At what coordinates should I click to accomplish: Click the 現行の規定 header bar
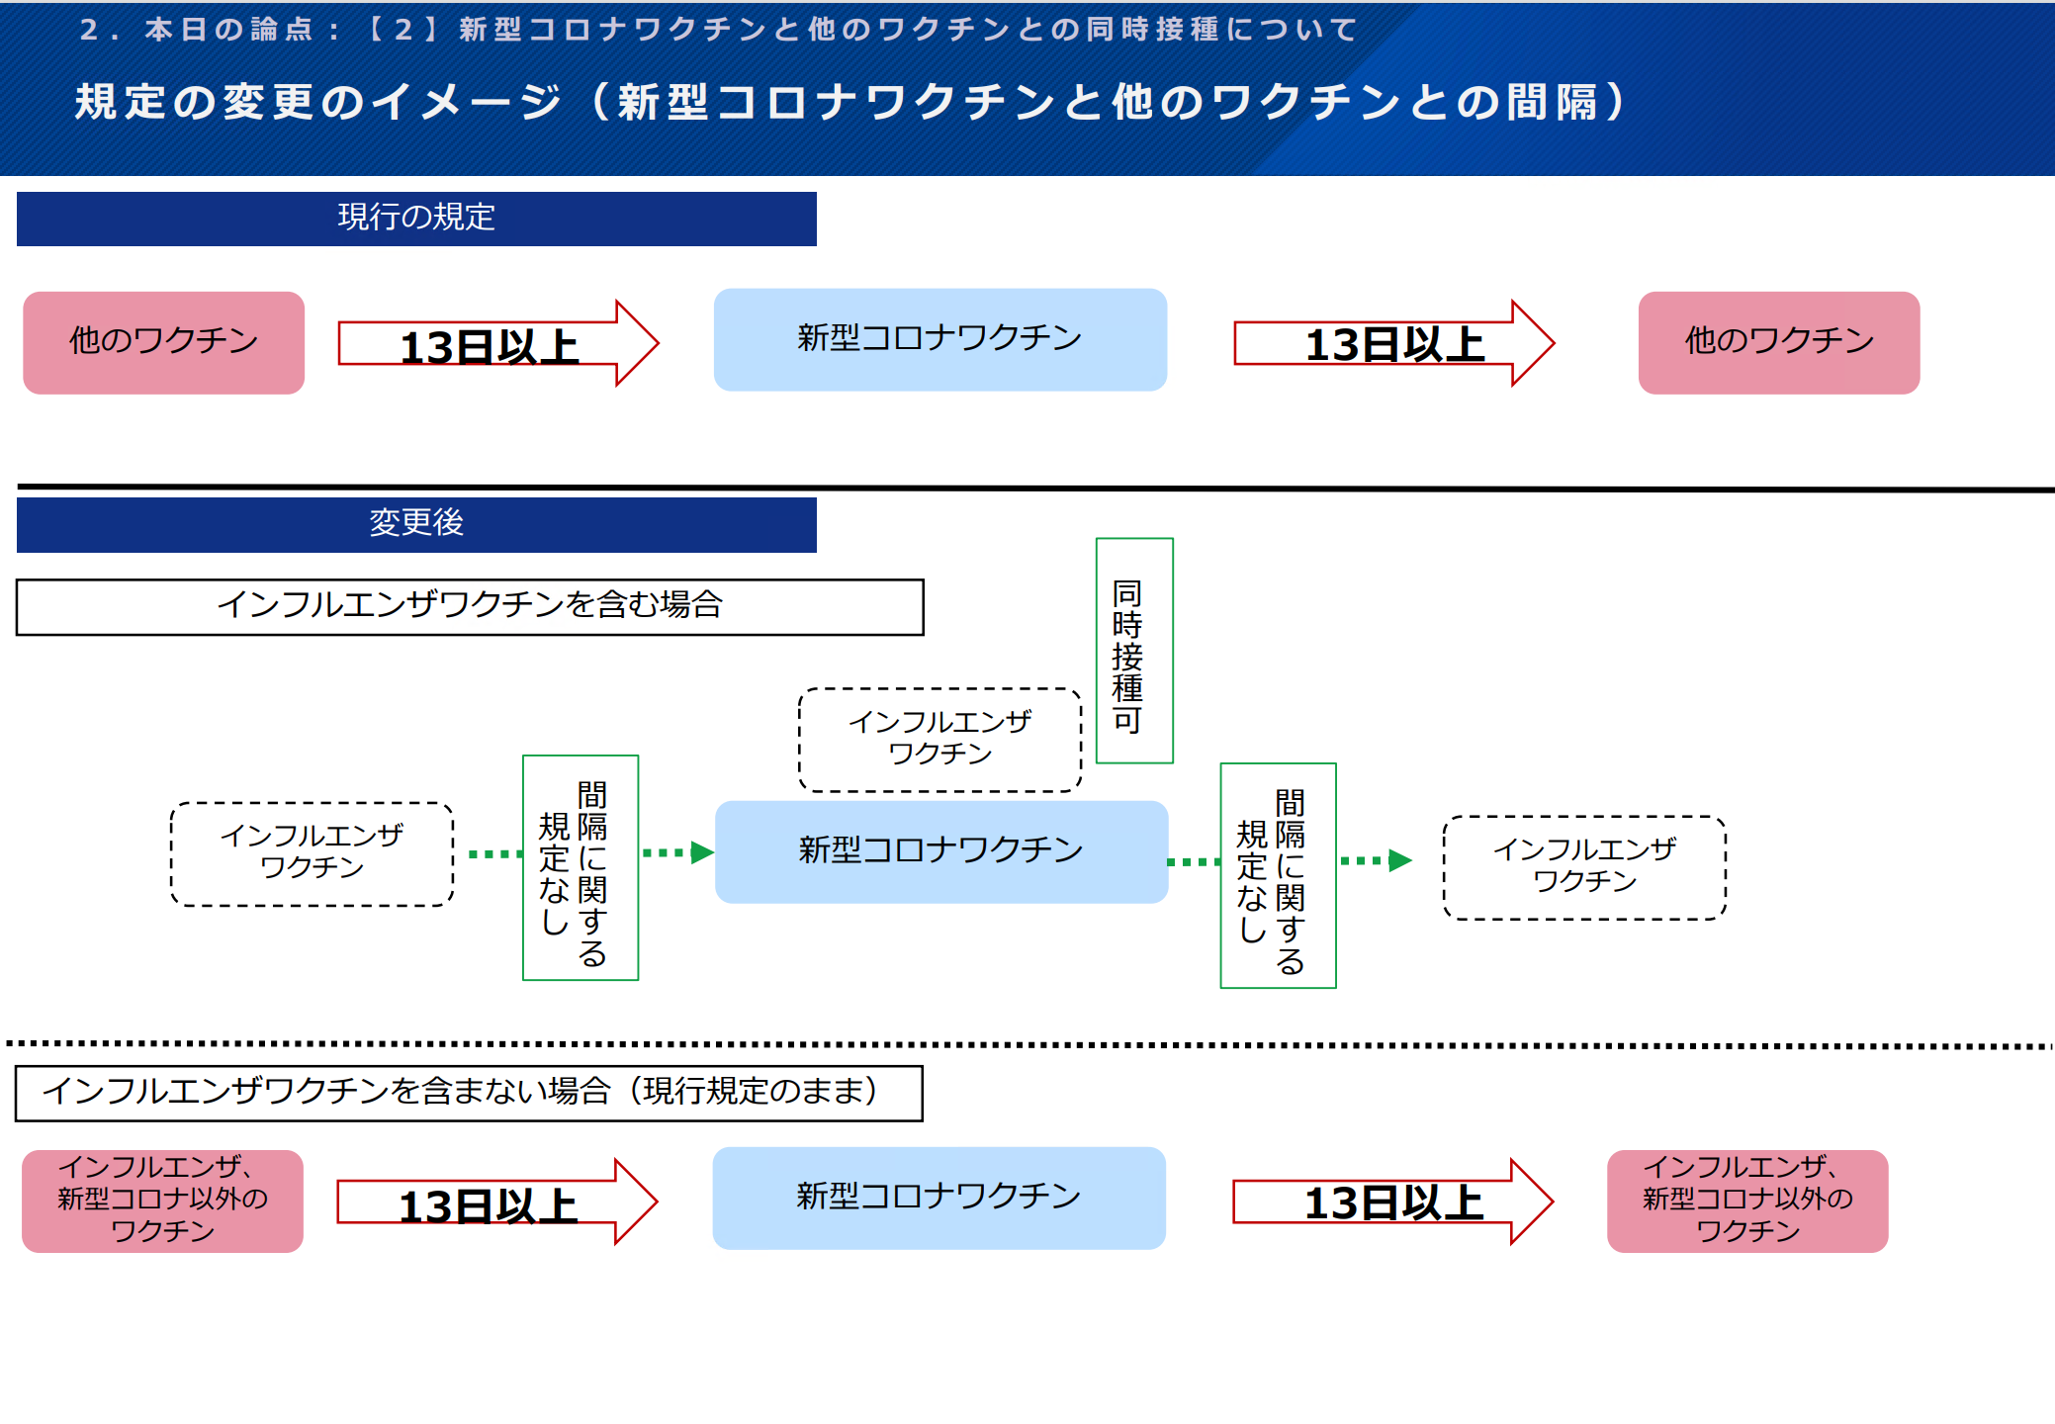click(416, 219)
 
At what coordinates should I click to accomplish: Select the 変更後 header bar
click(416, 524)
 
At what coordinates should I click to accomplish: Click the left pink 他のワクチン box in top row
click(164, 342)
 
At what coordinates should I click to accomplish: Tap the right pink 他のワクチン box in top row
click(1778, 342)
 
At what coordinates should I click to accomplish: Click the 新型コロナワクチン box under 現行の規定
click(939, 339)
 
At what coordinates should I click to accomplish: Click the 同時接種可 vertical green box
click(1134, 651)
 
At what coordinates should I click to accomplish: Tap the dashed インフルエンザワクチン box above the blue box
click(939, 740)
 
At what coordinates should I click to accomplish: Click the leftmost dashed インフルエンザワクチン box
click(312, 853)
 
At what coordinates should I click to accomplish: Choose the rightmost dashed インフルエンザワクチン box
click(1584, 867)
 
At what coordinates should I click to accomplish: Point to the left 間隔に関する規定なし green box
click(581, 867)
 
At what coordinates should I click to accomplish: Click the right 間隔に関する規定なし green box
click(1278, 875)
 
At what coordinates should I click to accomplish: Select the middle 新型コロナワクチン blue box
click(940, 851)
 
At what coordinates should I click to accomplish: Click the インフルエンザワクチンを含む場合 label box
click(470, 606)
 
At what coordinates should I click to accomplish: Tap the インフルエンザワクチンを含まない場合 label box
click(469, 1093)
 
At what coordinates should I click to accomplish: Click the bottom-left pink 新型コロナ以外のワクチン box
click(163, 1201)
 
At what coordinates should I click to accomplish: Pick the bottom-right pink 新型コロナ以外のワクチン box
click(1747, 1201)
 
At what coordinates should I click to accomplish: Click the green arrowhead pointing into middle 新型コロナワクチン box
click(702, 852)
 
